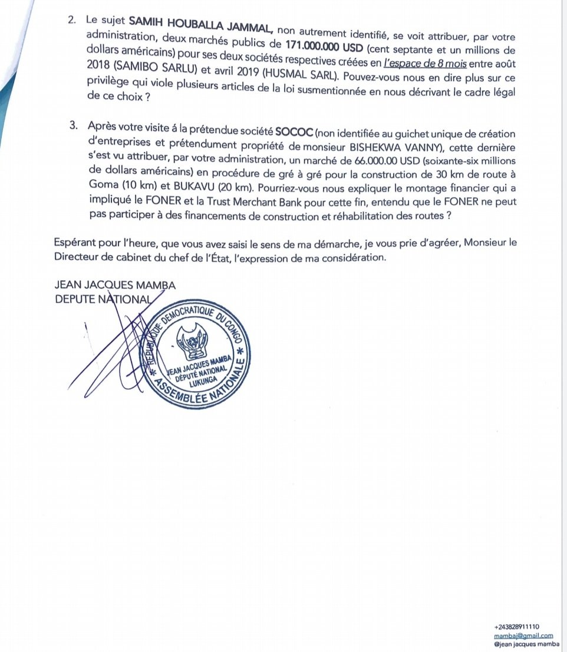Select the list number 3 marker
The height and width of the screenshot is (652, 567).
(x=74, y=126)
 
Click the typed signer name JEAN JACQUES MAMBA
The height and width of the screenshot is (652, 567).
(x=114, y=286)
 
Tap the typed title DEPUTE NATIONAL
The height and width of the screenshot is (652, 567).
(x=103, y=299)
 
